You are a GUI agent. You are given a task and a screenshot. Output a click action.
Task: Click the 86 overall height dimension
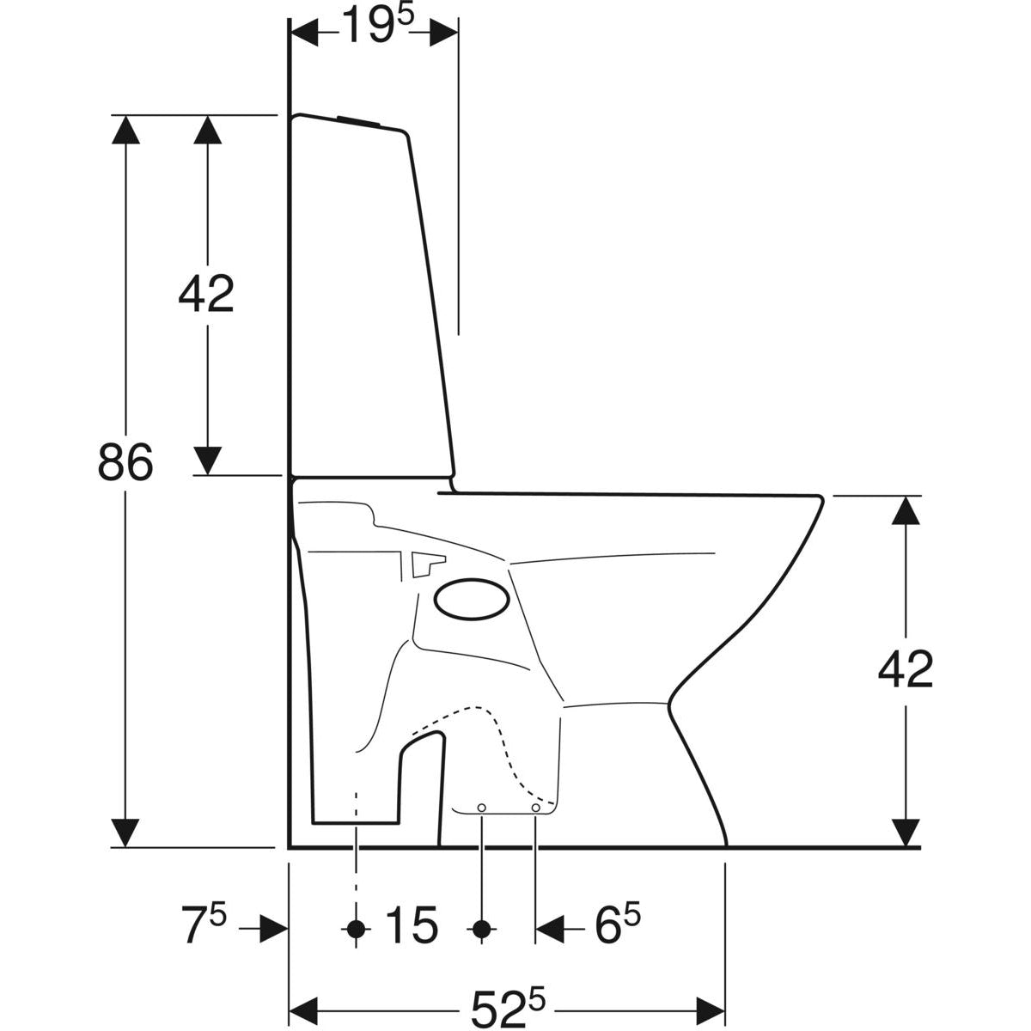[125, 461]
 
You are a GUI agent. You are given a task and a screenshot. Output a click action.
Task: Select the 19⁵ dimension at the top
[377, 25]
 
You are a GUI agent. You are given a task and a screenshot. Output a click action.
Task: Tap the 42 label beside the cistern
[206, 295]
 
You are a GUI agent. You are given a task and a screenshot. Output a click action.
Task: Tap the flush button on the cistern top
[359, 120]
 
